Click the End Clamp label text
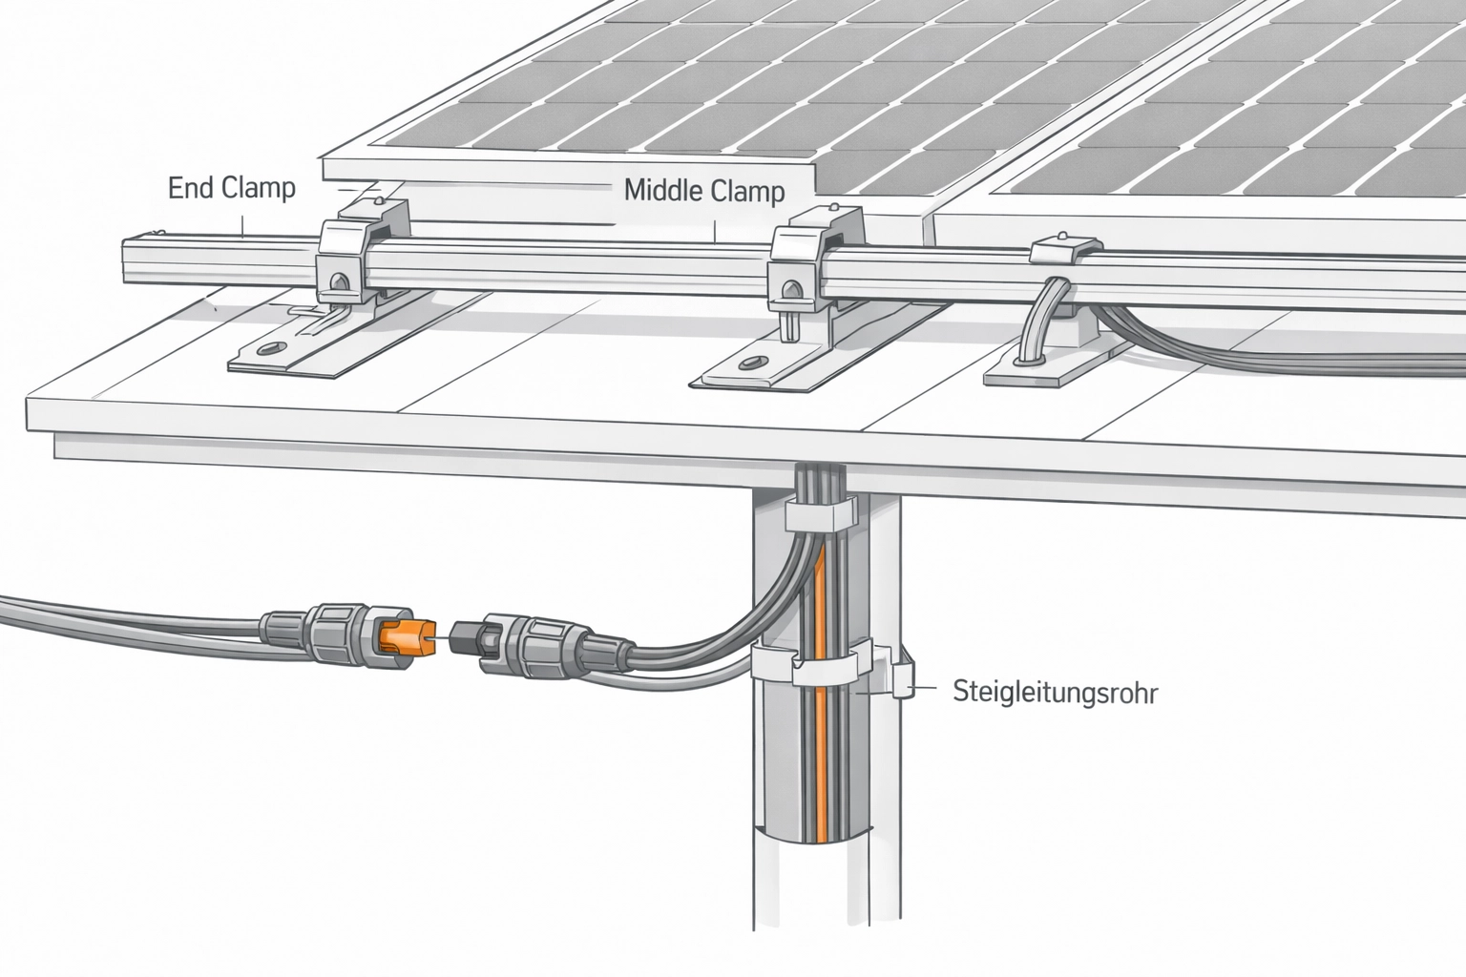(x=232, y=188)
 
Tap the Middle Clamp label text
(x=704, y=191)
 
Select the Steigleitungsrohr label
(x=1056, y=693)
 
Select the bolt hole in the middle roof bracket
(x=753, y=361)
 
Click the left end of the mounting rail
(x=124, y=261)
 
